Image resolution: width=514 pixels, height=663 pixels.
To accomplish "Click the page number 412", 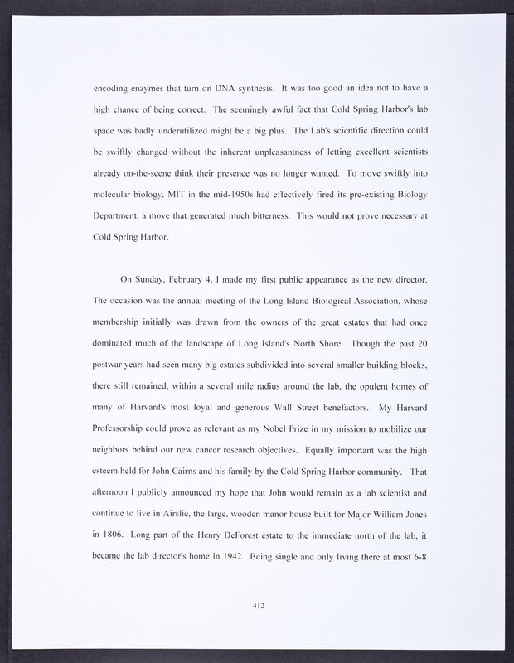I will pos(257,607).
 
